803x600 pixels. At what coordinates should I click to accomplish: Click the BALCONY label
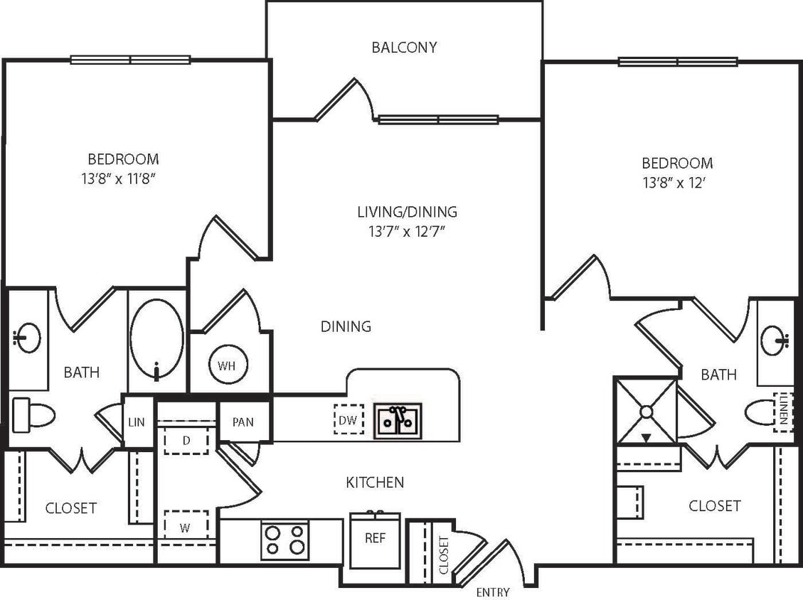point(404,48)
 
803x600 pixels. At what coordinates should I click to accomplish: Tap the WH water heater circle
point(226,366)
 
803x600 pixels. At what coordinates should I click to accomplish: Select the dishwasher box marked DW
point(348,419)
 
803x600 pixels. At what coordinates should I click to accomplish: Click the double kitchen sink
point(398,419)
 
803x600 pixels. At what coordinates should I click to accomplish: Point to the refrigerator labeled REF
point(375,539)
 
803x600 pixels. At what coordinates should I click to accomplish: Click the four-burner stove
point(284,540)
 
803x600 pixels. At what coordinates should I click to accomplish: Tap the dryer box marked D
point(186,441)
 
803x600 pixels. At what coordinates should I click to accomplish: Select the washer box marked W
point(186,527)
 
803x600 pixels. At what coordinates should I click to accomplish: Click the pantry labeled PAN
point(243,422)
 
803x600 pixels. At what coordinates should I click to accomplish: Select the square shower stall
point(646,411)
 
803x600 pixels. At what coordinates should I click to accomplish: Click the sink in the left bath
point(27,338)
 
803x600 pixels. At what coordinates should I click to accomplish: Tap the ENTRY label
point(493,592)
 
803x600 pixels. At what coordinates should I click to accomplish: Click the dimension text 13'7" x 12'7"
point(407,230)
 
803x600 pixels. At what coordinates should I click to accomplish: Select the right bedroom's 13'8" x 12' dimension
point(676,181)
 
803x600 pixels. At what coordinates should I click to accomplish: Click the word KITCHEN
point(375,483)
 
